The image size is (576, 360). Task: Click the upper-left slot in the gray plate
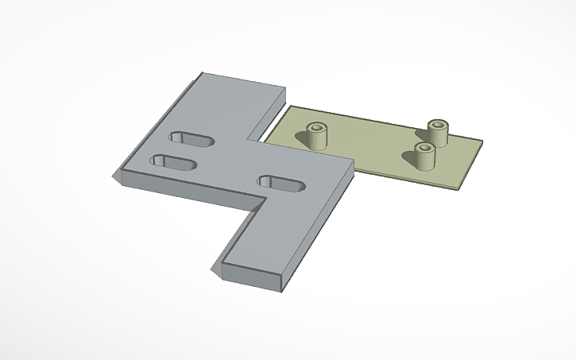click(x=191, y=139)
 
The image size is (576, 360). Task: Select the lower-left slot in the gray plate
click(x=173, y=163)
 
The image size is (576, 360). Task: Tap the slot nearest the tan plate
click(x=282, y=183)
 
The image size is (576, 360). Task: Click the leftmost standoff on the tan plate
click(x=319, y=136)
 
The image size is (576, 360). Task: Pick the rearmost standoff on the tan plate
click(x=439, y=132)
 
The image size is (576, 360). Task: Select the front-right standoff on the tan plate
click(x=425, y=157)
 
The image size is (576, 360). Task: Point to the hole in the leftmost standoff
click(x=319, y=127)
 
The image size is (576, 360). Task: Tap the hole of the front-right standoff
click(x=425, y=148)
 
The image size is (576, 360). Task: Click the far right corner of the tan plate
click(x=482, y=142)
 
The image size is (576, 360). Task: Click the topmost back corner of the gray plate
click(x=200, y=74)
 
